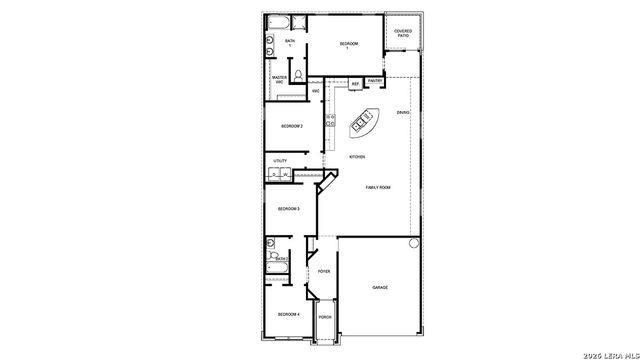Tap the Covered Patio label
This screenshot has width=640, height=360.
[x=403, y=33]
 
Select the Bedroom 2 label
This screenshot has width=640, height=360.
[x=291, y=126]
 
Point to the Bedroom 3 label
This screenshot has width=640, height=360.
[x=288, y=208]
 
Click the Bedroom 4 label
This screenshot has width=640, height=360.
[x=288, y=315]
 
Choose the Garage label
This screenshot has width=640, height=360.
[x=380, y=288]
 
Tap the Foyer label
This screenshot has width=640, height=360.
[x=323, y=271]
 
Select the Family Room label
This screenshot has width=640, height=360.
[x=377, y=188]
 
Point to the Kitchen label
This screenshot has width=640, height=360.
[x=356, y=157]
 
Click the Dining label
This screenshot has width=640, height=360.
[x=402, y=112]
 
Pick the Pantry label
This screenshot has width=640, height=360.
[x=374, y=81]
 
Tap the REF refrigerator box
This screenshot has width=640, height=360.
[x=355, y=84]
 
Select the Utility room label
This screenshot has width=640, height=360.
[x=280, y=160]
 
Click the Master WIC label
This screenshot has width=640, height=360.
[x=280, y=79]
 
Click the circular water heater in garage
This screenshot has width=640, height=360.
[x=411, y=243]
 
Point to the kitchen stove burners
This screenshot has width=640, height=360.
[x=330, y=122]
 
